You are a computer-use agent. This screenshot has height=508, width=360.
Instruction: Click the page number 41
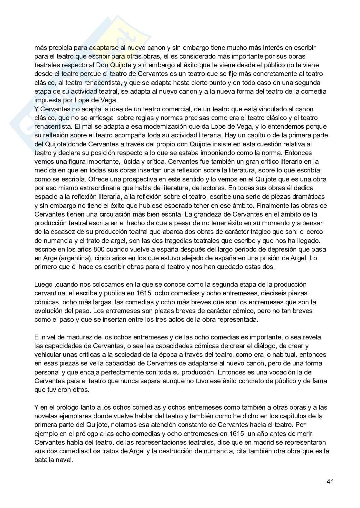[x=330, y=482]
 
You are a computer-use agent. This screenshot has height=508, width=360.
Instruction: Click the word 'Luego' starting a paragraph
[x=43, y=285]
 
